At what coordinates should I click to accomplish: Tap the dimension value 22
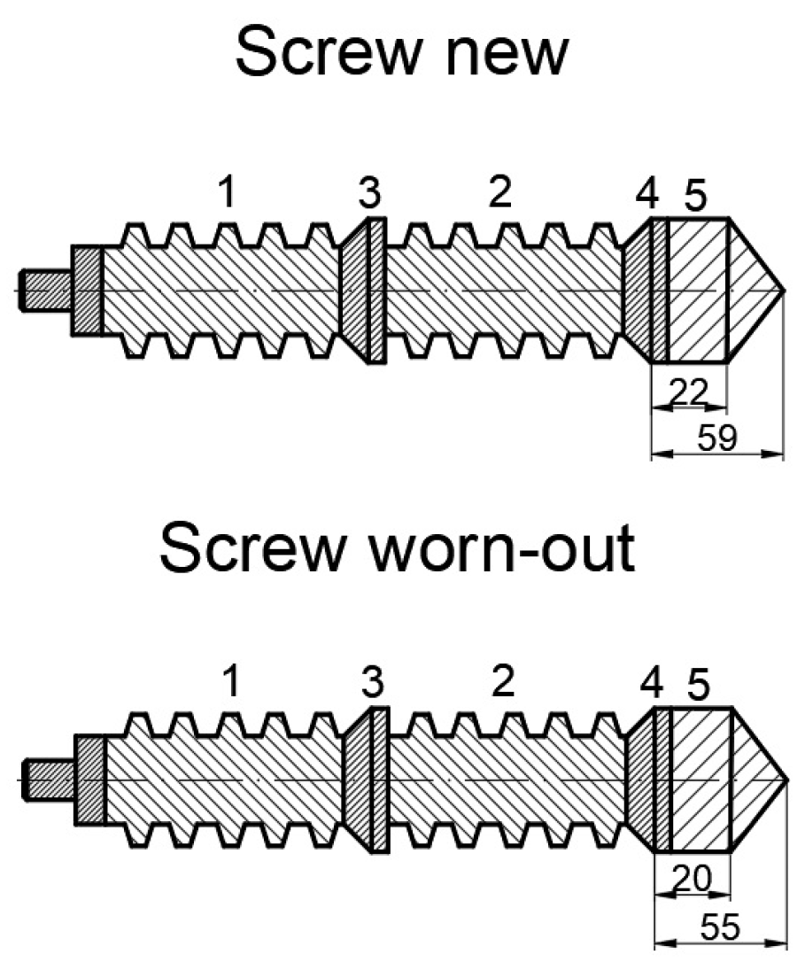[688, 391]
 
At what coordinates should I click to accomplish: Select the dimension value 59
[717, 438]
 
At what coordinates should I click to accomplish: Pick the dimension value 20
[692, 881]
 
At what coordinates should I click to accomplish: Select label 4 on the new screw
[648, 196]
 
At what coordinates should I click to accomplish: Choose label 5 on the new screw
[696, 196]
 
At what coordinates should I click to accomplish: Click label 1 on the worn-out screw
[230, 683]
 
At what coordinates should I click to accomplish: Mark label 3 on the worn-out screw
[374, 683]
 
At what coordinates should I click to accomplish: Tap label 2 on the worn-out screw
[502, 683]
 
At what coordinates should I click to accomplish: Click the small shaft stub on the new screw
[44, 291]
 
